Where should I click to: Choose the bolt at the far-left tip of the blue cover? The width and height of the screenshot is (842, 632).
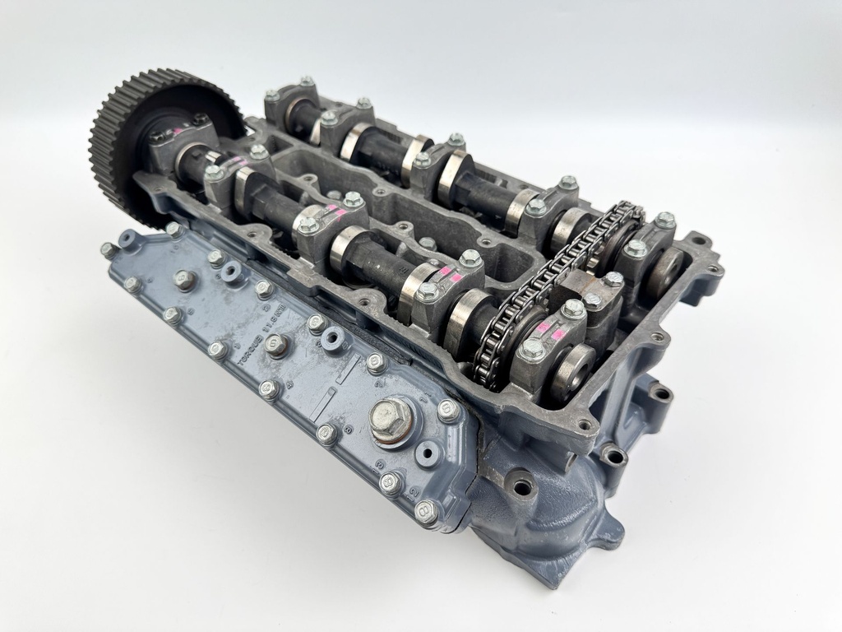click(x=108, y=249)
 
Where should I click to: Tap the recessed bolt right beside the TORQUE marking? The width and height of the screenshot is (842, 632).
click(x=277, y=345)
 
